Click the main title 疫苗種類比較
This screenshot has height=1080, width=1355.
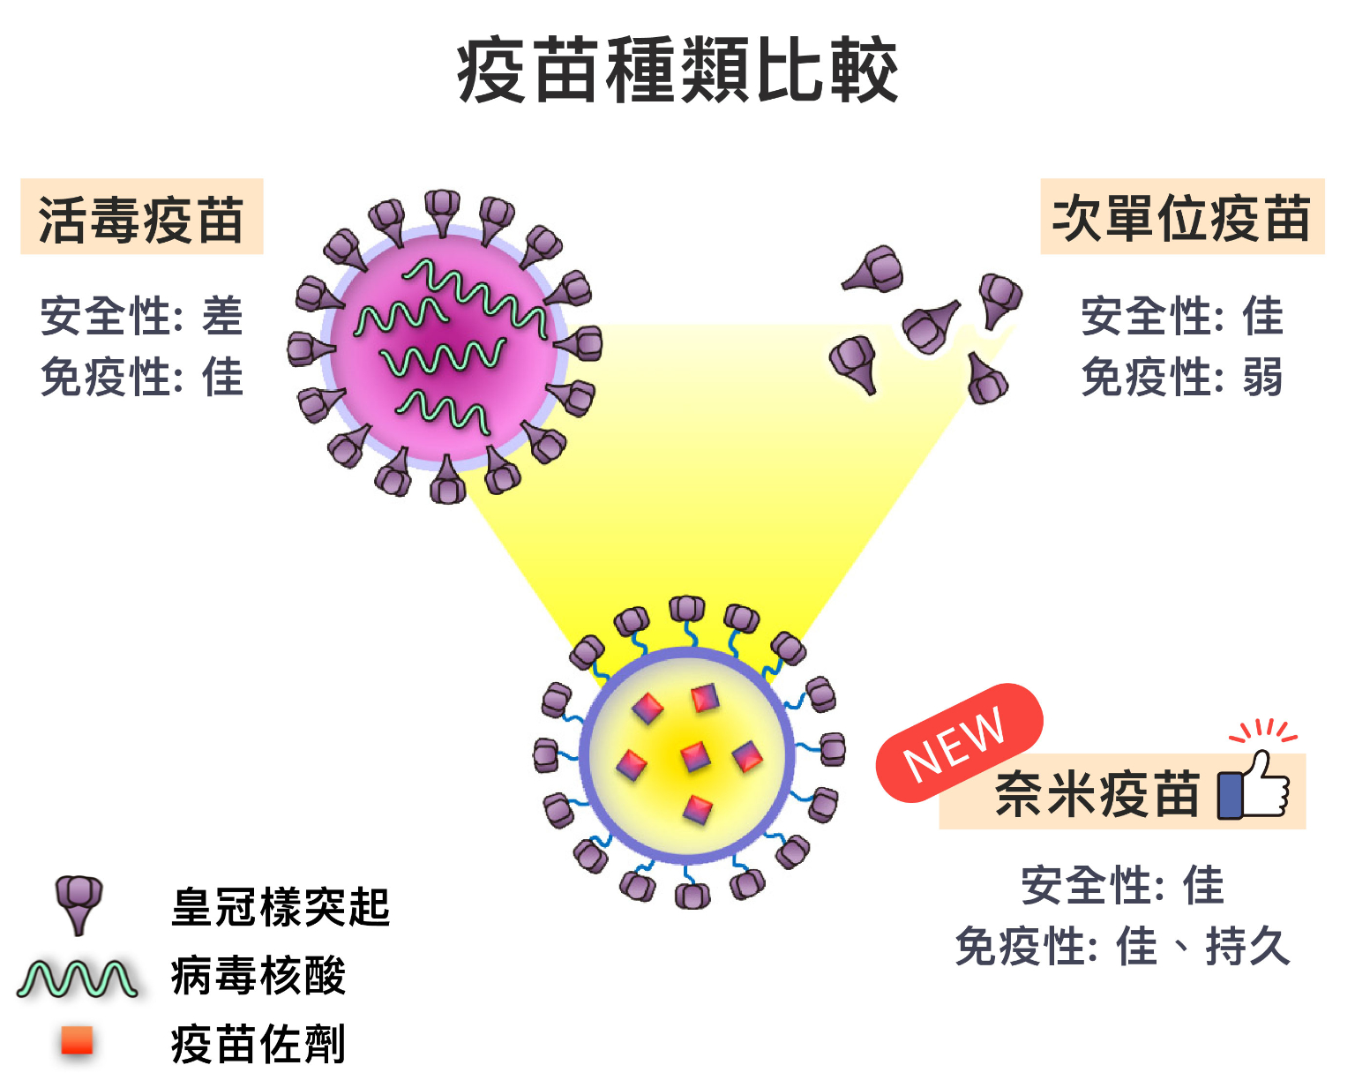(677, 71)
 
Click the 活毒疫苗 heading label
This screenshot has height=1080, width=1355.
(141, 219)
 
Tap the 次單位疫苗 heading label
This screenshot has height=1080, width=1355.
(1181, 218)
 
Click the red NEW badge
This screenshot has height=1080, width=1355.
(957, 743)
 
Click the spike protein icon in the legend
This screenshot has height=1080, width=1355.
(79, 903)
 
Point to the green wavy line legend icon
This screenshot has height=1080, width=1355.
(78, 978)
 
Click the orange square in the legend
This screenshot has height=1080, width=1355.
(77, 1040)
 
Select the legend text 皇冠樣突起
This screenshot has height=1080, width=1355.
(281, 907)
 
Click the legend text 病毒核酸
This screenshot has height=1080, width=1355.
(258, 976)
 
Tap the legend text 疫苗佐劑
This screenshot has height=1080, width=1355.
(258, 1044)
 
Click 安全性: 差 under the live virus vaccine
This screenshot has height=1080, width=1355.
(141, 316)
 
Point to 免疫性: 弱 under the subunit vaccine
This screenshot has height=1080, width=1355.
(1181, 378)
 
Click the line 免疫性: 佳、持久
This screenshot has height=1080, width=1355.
(1122, 947)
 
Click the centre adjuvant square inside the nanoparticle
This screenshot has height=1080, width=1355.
(695, 755)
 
